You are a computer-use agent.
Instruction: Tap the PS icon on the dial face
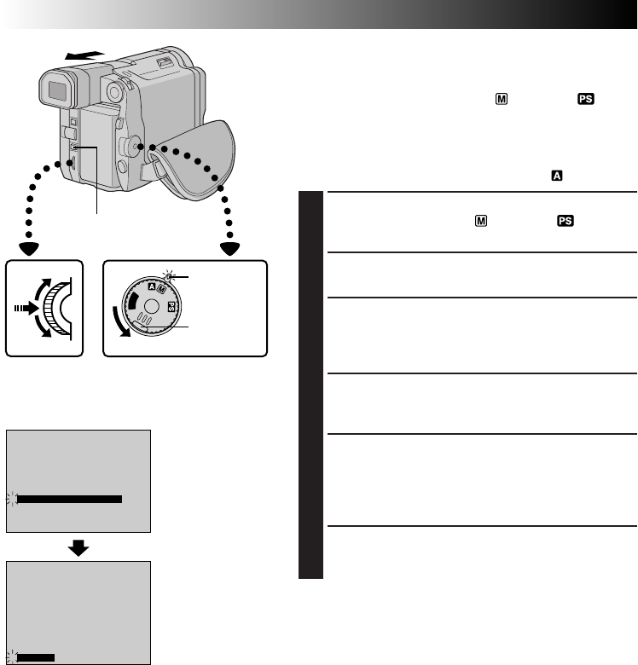pos(171,307)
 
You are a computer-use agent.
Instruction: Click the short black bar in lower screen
pos(37,656)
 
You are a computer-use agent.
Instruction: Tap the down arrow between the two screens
pos(78,546)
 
